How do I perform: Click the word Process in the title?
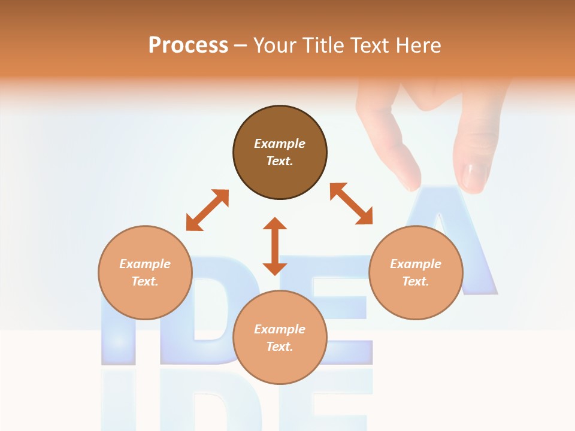188,45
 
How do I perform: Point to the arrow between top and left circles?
207,210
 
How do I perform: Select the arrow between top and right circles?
352,204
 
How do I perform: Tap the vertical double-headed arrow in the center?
275,247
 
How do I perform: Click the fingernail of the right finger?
475,177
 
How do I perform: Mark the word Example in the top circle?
280,144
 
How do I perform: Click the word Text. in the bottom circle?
280,347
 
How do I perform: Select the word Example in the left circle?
145,264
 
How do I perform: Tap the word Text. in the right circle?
416,281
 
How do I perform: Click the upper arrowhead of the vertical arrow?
275,224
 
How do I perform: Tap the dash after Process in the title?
241,45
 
